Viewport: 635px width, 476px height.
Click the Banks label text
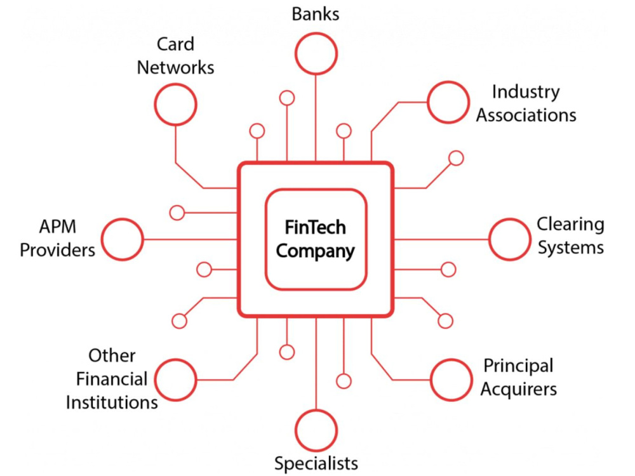316,14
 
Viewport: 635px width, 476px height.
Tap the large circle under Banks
316,34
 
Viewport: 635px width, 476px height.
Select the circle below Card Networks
175,84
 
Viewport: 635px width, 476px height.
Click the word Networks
175,68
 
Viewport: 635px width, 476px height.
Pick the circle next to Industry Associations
448,83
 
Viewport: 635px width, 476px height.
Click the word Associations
526,116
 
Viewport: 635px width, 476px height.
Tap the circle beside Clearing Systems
509,219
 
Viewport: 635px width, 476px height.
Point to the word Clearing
570,225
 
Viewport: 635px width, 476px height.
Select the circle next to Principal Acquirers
451,359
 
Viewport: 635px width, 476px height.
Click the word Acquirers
519,390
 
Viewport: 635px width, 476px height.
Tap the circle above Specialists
316,411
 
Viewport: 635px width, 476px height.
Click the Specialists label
316,463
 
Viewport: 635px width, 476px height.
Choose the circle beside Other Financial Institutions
175,359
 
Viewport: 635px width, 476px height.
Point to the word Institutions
112,403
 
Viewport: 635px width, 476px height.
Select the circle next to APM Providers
122,219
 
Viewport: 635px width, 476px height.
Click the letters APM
58,227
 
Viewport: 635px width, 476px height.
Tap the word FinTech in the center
316,227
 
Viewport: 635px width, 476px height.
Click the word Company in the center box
316,251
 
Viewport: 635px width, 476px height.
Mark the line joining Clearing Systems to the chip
441,239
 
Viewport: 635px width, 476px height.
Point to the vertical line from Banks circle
316,118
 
